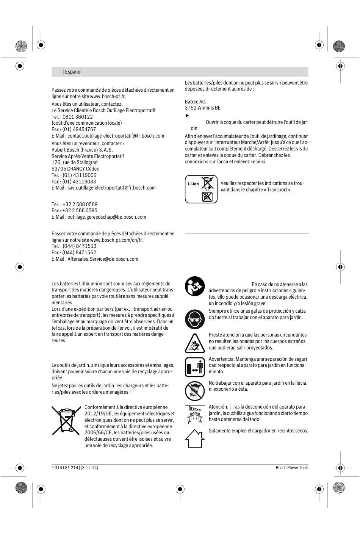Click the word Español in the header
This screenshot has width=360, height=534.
click(x=73, y=72)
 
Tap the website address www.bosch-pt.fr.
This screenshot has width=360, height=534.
click(x=108, y=96)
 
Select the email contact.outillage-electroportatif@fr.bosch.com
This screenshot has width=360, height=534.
click(x=116, y=136)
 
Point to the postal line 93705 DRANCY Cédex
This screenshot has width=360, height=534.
click(x=75, y=169)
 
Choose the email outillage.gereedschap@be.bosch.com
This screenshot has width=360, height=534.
click(x=106, y=217)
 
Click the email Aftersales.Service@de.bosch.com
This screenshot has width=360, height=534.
click(x=103, y=259)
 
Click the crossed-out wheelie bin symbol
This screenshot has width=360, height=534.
click(x=66, y=420)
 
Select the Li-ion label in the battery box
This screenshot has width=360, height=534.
click(x=193, y=184)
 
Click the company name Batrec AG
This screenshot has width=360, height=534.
click(x=195, y=102)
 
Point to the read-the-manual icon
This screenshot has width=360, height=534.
click(x=195, y=286)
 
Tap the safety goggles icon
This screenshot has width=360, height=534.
click(x=195, y=319)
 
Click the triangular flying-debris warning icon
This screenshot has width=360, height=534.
click(x=195, y=343)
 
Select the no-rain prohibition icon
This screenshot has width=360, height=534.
click(x=195, y=391)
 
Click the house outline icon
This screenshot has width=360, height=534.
click(x=195, y=439)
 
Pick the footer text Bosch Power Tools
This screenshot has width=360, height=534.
click(x=292, y=468)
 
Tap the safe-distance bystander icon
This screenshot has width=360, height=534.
click(x=195, y=367)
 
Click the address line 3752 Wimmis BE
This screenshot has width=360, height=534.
click(x=202, y=108)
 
